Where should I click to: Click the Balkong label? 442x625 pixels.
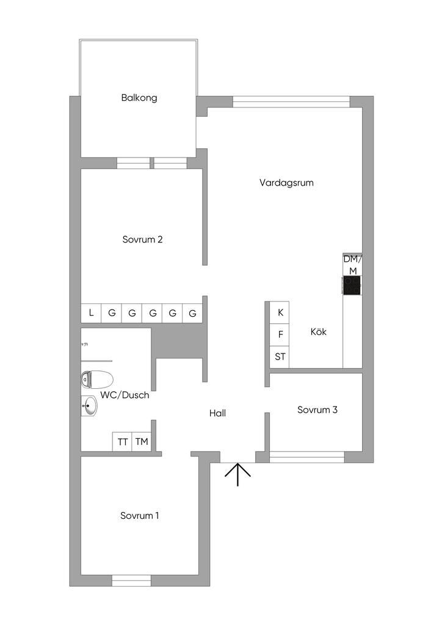[x=139, y=98]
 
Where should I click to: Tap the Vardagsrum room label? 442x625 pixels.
[x=286, y=182]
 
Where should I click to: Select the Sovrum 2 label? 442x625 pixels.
[x=142, y=240]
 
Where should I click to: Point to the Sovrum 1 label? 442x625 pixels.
[x=140, y=516]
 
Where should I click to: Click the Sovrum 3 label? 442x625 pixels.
[x=317, y=410]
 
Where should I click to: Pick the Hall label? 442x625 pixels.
[x=217, y=413]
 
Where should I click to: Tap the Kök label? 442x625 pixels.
[x=318, y=332]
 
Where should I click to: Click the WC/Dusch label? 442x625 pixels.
[x=125, y=395]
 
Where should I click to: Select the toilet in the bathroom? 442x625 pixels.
[x=96, y=379]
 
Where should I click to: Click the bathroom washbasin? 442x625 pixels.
[x=89, y=406]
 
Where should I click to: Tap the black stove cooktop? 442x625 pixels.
[x=352, y=286]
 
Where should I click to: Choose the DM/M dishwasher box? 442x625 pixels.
[x=352, y=264]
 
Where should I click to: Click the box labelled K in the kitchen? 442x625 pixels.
[x=280, y=312]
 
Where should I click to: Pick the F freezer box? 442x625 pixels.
[x=280, y=334]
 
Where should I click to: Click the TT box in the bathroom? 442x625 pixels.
[x=123, y=442]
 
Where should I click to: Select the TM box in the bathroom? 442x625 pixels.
[x=142, y=442]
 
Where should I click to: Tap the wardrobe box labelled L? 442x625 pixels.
[x=91, y=313]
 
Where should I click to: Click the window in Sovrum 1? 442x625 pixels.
[x=131, y=580]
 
